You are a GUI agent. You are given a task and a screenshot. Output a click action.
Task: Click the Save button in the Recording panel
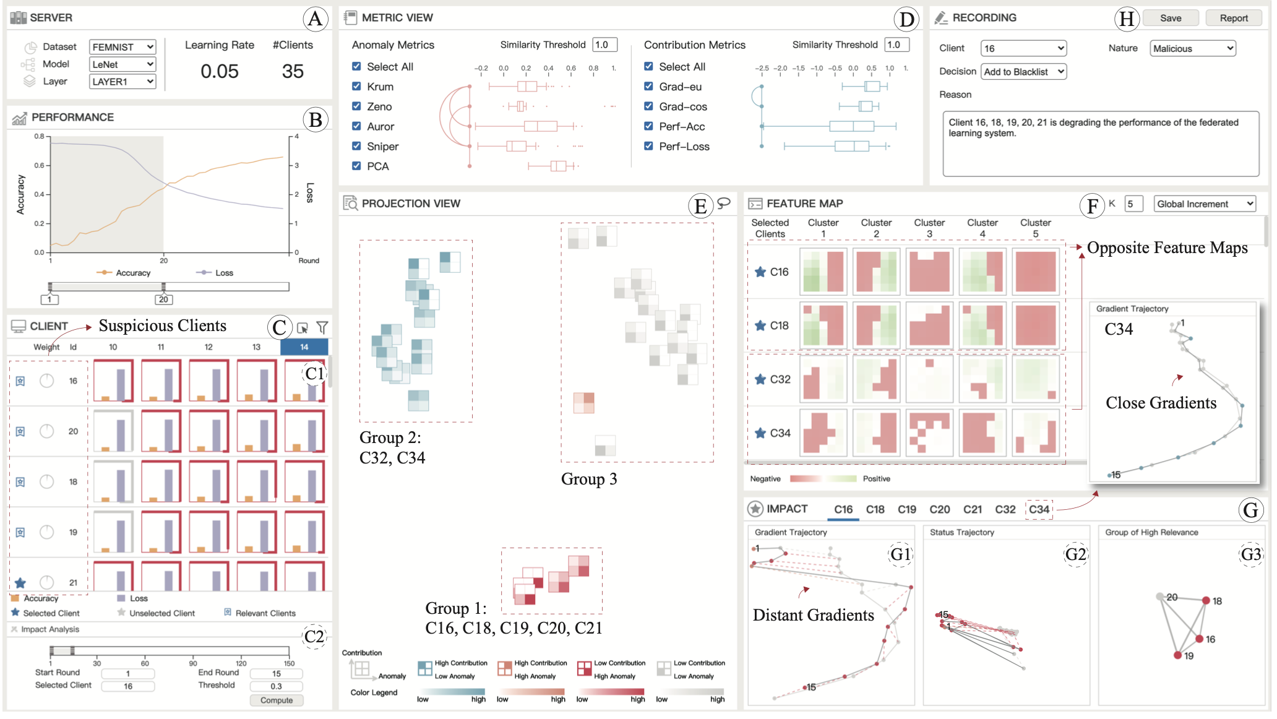1170,18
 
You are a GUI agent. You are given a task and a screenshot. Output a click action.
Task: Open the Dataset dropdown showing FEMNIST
122,47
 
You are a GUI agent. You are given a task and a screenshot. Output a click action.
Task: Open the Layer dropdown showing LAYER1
122,82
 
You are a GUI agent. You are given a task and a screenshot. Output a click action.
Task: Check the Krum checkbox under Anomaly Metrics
356,87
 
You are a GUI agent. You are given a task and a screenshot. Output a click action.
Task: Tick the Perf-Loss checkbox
648,146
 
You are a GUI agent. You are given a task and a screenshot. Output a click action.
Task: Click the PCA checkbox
356,166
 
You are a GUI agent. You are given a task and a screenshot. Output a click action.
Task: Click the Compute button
276,700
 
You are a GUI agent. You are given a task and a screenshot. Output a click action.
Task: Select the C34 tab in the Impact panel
1039,509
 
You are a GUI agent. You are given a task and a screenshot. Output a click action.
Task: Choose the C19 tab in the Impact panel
906,509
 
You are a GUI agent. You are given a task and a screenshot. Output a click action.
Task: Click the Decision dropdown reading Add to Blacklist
1023,72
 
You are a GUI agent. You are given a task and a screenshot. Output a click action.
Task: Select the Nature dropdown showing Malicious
1192,48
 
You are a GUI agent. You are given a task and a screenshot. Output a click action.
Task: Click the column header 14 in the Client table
304,347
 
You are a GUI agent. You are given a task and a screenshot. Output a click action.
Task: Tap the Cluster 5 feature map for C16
1035,272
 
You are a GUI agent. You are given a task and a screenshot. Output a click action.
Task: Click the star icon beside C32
760,379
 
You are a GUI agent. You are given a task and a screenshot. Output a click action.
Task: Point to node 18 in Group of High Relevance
1206,600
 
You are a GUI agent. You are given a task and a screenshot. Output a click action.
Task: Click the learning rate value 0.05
219,71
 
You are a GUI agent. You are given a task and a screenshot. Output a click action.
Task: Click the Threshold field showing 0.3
276,686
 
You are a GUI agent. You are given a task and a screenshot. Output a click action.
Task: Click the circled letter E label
700,205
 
